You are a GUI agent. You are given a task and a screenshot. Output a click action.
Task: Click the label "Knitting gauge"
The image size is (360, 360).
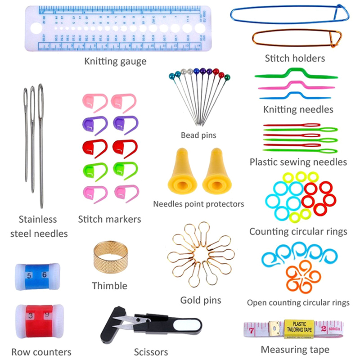pos(115,61)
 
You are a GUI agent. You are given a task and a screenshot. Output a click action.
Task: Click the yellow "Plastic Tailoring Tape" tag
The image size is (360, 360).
pos(298,326)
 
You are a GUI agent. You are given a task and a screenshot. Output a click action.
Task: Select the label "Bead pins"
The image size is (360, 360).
pos(198,135)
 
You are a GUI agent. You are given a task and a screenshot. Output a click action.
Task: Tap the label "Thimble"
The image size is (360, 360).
pos(109,286)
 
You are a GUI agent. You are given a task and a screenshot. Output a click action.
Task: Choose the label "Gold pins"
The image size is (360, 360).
pos(201,300)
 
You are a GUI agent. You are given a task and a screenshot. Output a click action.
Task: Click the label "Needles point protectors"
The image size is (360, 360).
pos(198,204)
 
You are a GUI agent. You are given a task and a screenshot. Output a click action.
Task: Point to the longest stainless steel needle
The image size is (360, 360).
pos(41,144)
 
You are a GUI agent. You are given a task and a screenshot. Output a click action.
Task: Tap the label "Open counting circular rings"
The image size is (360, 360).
pos(298,302)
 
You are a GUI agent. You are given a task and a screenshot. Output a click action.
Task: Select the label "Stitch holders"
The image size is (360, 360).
pos(295,58)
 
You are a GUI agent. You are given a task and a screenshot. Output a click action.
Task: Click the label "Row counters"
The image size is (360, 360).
pos(41,352)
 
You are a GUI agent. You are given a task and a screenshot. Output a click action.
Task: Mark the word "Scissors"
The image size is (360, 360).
pos(151,352)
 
